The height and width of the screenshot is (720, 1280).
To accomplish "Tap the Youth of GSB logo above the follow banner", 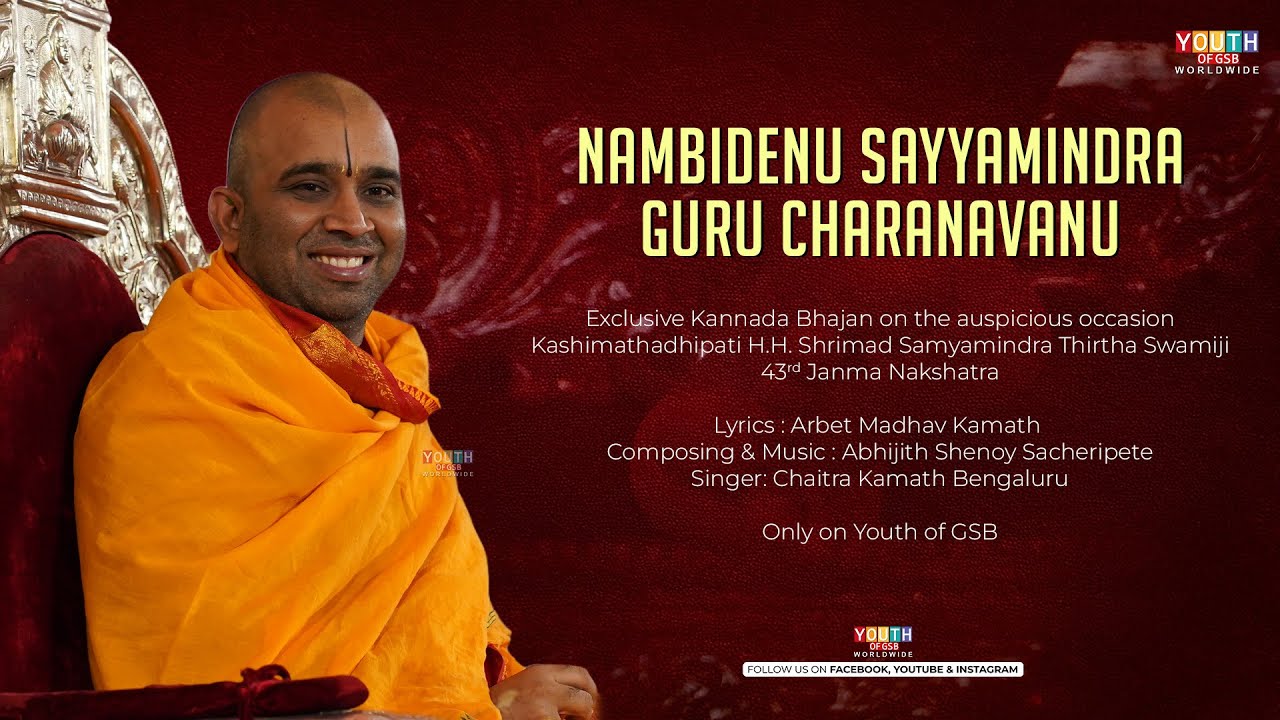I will point(883,641).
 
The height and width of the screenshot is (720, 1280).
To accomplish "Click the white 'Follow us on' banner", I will point(883,669).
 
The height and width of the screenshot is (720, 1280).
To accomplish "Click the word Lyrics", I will point(745,425).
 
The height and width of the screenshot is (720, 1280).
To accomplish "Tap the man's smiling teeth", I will point(341,263).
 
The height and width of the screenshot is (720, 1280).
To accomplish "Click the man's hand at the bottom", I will point(548,690).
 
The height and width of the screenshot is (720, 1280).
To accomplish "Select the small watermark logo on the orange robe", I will point(447,462).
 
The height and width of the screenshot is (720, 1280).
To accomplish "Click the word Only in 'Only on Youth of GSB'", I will point(786,532).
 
